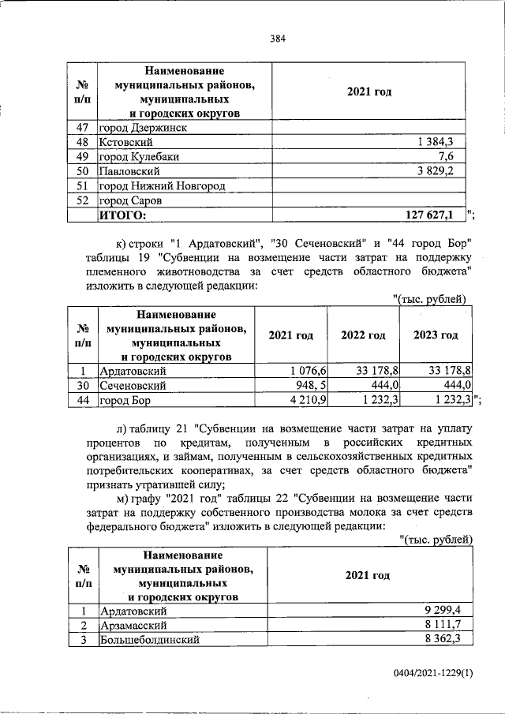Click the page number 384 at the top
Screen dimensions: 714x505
[x=277, y=37]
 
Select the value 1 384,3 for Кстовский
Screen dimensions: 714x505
[x=440, y=141]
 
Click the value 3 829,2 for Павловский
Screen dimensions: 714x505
[x=440, y=170]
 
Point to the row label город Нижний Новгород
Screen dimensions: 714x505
[x=162, y=185]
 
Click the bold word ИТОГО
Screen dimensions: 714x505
[x=123, y=215]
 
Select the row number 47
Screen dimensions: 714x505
[x=80, y=127]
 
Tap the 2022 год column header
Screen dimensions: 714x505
[x=363, y=335]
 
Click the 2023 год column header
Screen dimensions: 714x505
[x=436, y=335]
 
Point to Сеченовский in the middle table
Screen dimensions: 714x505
[x=132, y=385]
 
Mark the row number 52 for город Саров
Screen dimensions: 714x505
[x=80, y=200]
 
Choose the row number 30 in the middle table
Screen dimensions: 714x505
[x=81, y=385]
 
